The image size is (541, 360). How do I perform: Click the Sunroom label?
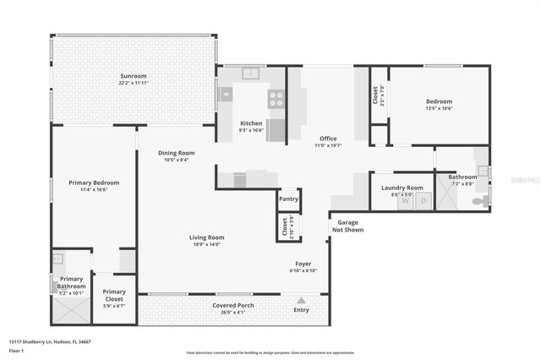(x=134, y=77)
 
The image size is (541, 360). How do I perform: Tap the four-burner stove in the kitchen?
(x=276, y=98)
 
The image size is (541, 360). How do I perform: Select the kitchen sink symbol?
(x=250, y=74)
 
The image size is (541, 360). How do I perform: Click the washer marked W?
(x=406, y=201)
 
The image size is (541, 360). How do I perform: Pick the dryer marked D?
(x=424, y=201)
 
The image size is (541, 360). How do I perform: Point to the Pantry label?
(x=289, y=199)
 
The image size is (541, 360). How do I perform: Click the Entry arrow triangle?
(x=301, y=299)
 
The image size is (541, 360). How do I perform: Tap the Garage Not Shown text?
(x=348, y=226)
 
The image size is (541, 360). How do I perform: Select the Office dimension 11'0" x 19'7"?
(x=328, y=145)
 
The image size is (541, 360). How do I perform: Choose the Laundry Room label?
(x=402, y=188)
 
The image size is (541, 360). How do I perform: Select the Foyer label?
(x=303, y=265)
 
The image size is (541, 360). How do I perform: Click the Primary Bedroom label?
(x=94, y=183)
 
